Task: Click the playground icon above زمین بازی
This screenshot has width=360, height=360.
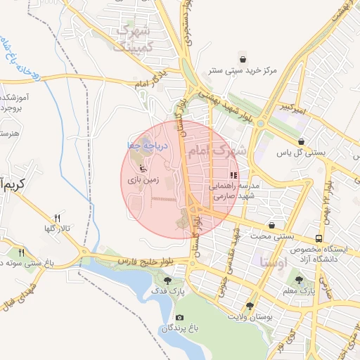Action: click(141, 168)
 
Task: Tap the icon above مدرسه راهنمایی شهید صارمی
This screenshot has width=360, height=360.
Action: click(233, 175)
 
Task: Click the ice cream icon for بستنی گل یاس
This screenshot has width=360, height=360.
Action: click(302, 141)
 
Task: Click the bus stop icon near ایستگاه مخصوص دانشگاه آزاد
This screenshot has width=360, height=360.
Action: click(320, 238)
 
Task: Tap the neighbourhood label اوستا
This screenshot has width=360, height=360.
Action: click(274, 262)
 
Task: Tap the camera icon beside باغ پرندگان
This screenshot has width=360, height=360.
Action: click(180, 318)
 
